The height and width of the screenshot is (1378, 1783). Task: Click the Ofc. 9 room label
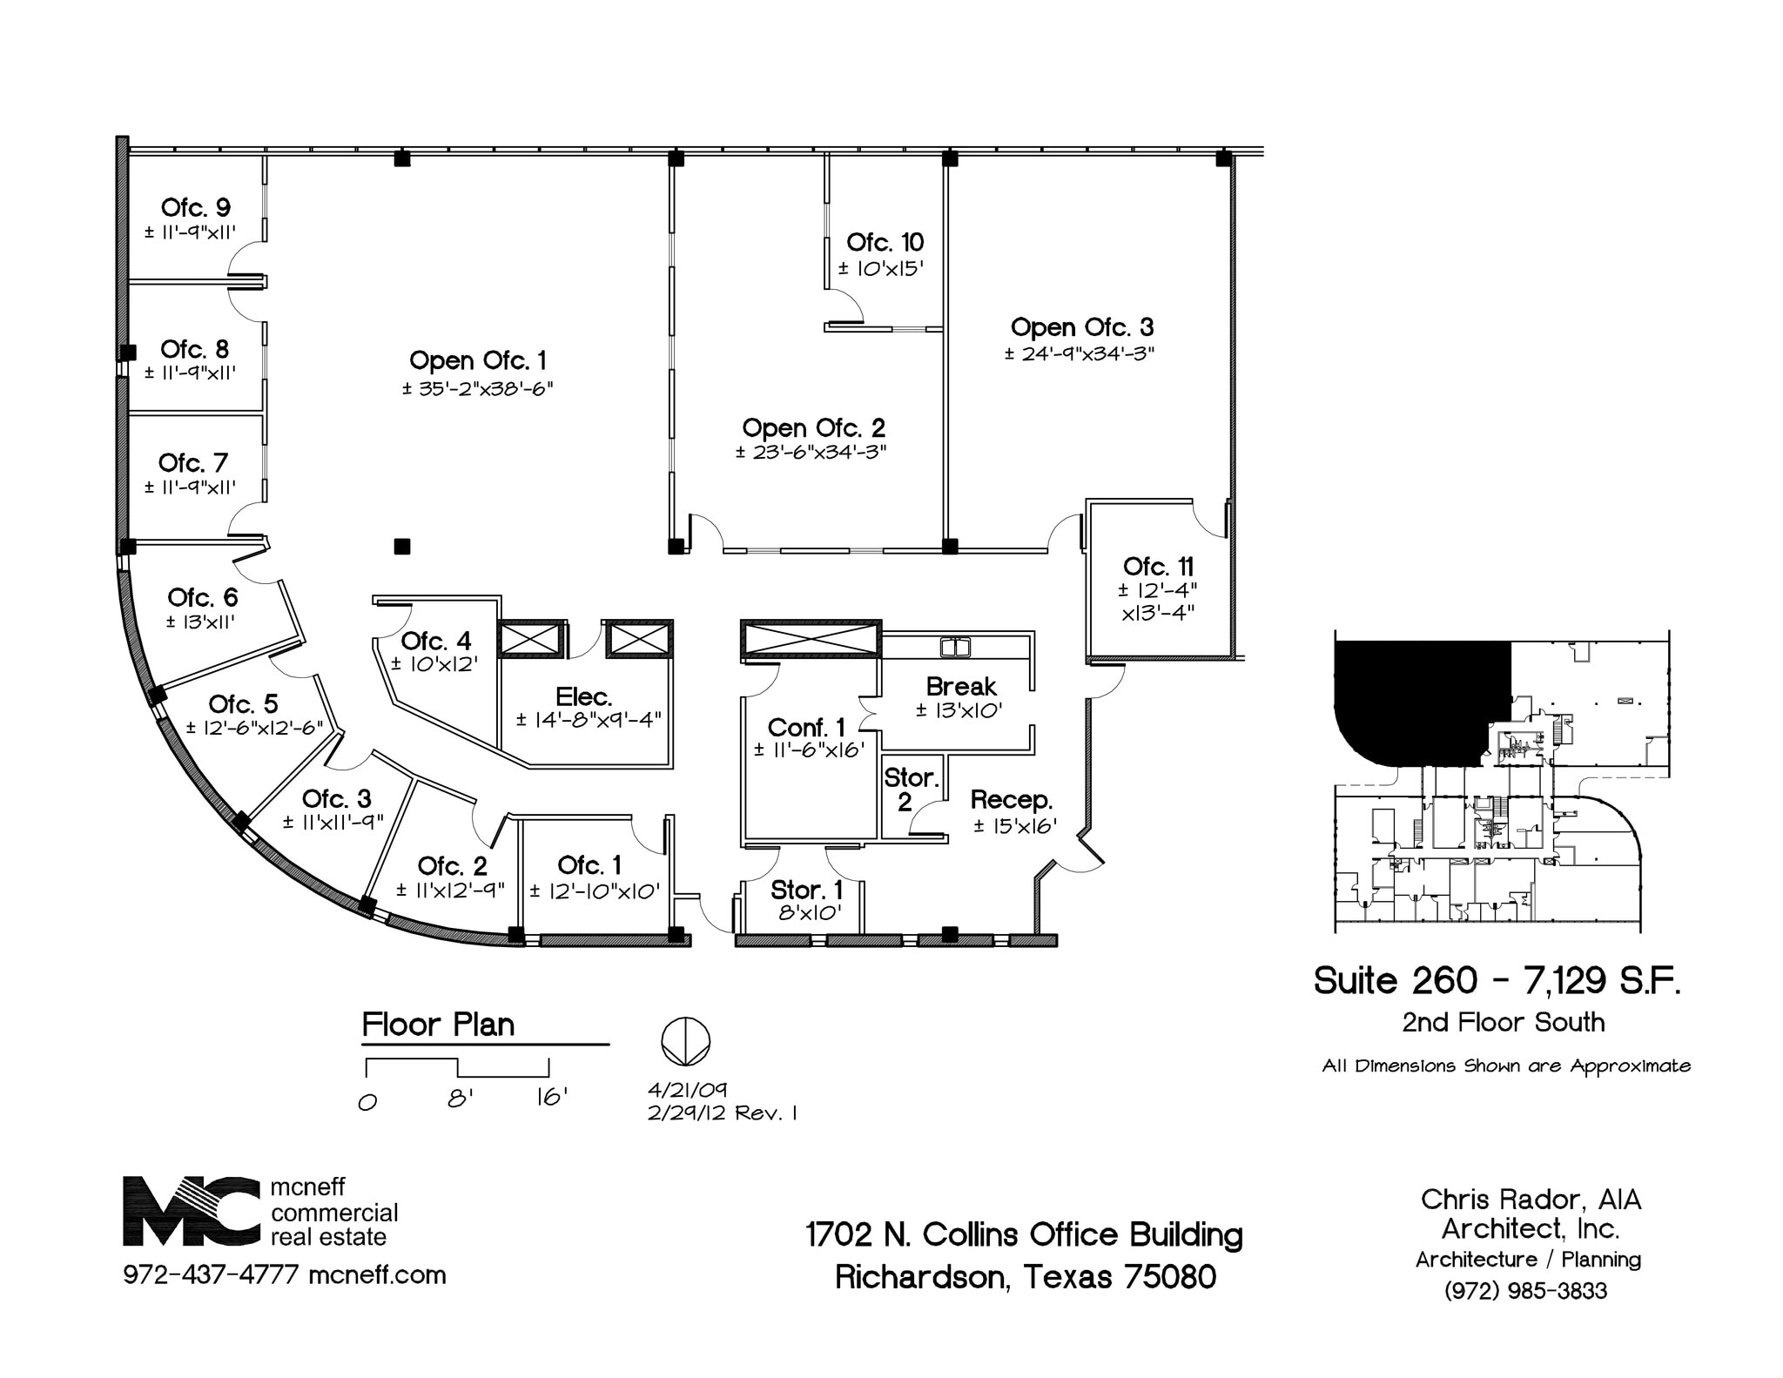pos(195,207)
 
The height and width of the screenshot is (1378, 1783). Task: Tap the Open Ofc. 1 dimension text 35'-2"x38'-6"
pos(477,388)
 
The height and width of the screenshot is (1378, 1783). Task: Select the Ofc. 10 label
pos(885,242)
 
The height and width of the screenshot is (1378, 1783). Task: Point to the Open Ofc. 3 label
pos(1081,327)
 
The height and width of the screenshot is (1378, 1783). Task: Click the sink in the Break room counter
pos(955,647)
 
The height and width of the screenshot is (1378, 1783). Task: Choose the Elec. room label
pos(583,696)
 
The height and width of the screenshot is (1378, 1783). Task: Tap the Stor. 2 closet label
pos(911,789)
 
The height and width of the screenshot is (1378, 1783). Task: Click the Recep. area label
pos(1011,799)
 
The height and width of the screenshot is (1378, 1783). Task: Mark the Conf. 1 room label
pos(805,727)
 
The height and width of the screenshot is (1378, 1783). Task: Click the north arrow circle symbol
pos(685,1041)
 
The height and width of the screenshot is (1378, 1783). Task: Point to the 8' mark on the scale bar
pos(460,1099)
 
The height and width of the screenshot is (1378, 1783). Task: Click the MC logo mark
pos(191,1211)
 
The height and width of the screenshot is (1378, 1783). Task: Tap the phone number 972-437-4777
pos(211,1275)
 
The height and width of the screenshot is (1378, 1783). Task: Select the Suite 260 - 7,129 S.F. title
pos(1497,981)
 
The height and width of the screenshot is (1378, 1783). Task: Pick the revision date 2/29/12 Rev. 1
pos(722,1112)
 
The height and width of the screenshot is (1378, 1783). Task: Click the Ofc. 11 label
pos(1158,566)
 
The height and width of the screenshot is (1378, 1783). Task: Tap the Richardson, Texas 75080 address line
pos(1025,1277)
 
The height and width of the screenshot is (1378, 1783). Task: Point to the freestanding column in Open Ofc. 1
pos(402,547)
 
